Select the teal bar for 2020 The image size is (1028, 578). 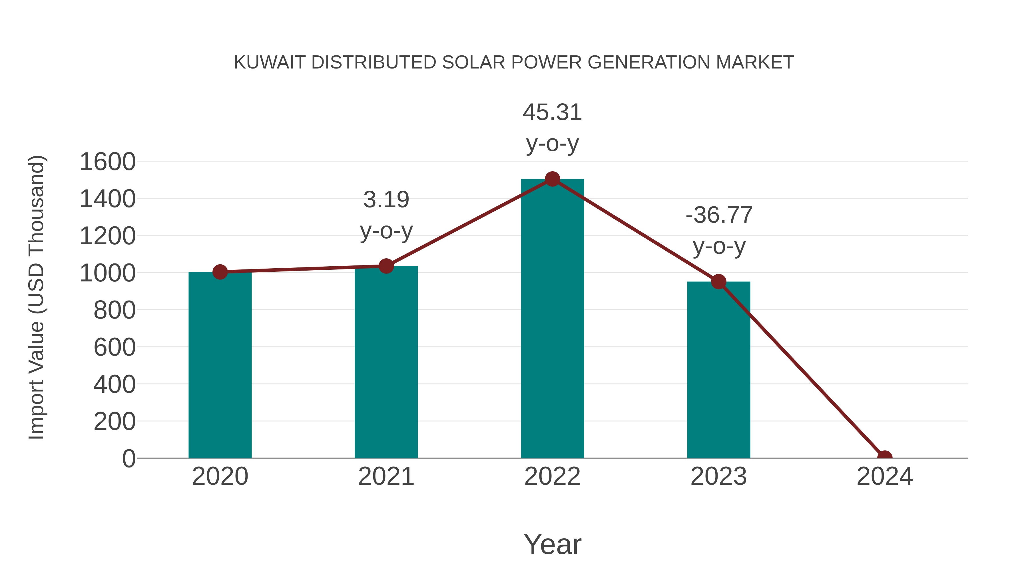point(220,365)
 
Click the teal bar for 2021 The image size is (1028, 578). point(386,362)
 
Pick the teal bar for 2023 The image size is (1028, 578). point(718,370)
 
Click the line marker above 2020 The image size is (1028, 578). point(220,272)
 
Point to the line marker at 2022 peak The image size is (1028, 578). point(552,179)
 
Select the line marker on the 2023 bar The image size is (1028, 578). point(718,282)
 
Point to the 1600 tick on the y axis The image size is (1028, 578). point(108,162)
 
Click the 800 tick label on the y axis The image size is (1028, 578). point(115,310)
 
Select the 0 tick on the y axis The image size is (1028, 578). point(128,458)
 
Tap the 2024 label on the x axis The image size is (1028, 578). point(885,476)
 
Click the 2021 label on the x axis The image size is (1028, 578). point(386,476)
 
